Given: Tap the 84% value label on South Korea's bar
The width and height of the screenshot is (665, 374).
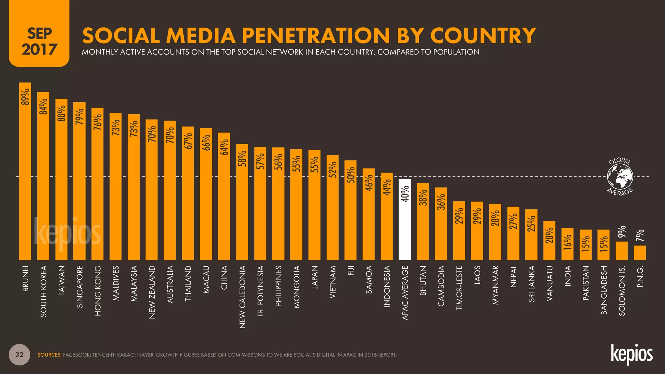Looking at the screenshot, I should (43, 106).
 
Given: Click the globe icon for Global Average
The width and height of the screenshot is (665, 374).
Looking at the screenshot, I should (620, 177).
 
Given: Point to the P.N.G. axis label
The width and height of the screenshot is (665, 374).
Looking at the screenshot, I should (640, 277).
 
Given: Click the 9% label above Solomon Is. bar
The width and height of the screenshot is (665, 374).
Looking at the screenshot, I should (621, 232).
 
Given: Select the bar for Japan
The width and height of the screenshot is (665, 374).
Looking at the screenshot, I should (314, 208).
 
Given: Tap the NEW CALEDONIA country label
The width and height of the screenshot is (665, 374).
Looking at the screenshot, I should (242, 297).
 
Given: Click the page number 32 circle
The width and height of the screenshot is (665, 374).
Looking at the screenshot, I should (19, 355).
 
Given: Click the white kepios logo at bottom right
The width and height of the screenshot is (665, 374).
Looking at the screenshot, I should (632, 355).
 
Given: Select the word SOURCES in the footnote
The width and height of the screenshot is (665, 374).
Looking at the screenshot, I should (49, 355).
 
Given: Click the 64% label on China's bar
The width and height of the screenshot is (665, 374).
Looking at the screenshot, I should (224, 147).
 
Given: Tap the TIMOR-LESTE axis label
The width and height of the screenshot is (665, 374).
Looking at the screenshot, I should (459, 288).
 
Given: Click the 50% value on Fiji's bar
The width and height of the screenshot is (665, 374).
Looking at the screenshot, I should (351, 175).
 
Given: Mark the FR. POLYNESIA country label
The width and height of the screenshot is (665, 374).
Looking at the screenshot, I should (260, 291).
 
